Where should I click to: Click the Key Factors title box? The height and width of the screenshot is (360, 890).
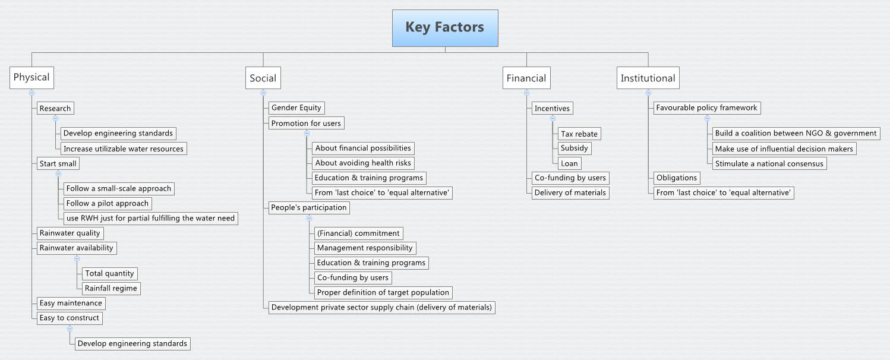pos(444,28)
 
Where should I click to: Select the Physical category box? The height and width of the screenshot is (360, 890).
pos(31,77)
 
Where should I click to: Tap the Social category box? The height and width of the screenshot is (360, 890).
pos(263,78)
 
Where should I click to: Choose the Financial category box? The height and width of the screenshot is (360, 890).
pos(526,78)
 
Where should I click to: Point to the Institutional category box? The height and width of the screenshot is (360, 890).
pos(648,78)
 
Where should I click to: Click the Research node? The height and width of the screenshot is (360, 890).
pos(55,108)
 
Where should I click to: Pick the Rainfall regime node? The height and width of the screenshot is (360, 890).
pos(111,288)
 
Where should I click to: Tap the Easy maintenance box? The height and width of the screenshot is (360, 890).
pos(70,303)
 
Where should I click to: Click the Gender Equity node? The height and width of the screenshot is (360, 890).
pos(296,108)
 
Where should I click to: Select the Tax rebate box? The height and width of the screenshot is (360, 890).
pos(579,134)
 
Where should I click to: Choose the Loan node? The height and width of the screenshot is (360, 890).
pos(570,163)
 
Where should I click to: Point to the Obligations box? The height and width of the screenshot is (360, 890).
pos(676,178)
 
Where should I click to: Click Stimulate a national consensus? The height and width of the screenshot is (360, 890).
pos(769,163)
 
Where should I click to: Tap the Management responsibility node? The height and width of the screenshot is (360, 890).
pos(364,248)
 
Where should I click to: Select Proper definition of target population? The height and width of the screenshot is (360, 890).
pos(383,292)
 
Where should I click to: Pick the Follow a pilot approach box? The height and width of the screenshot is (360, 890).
pos(107,203)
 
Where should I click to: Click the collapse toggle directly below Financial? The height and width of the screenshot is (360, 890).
pos(526,93)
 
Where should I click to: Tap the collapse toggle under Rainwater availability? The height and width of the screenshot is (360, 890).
pos(77,258)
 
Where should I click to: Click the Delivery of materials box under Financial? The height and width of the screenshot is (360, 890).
pos(570,192)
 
